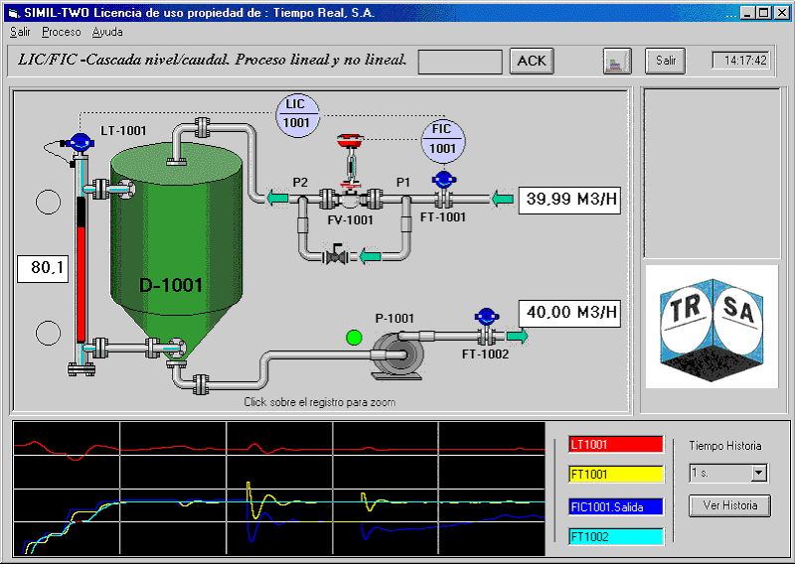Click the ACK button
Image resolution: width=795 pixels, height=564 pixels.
[x=532, y=61]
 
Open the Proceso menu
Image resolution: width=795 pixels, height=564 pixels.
[x=62, y=32]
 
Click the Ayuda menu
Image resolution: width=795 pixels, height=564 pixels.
[x=107, y=32]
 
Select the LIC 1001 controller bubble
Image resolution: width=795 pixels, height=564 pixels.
[x=297, y=115]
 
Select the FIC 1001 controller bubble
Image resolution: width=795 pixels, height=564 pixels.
[x=443, y=141]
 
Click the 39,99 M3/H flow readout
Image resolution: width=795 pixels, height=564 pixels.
[x=569, y=200]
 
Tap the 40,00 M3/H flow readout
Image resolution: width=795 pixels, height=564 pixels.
[x=569, y=313]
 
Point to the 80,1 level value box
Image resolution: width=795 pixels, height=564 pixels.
[x=43, y=268]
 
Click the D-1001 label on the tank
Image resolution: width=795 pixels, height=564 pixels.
[x=171, y=285]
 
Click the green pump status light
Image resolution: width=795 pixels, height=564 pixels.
[x=354, y=337]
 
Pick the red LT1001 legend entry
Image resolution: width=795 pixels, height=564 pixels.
[x=616, y=445]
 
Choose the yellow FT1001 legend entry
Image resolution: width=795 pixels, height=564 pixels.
[x=616, y=475]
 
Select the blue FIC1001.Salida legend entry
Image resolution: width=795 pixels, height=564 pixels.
[x=616, y=506]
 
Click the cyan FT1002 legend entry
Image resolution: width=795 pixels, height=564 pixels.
[x=616, y=536]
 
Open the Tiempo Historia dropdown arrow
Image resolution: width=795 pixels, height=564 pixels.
[x=758, y=474]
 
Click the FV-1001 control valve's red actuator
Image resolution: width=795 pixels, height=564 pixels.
[x=351, y=140]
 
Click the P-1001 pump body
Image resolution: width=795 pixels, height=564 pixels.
[x=397, y=356]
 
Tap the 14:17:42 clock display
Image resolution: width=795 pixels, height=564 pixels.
[x=741, y=61]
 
